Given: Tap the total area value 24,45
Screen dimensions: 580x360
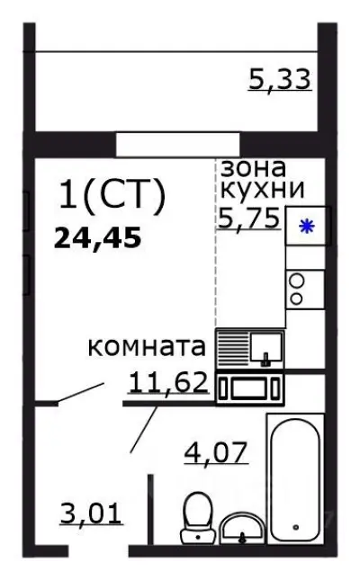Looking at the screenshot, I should click(x=99, y=238).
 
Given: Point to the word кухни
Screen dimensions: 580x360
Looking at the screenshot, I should click(x=262, y=190).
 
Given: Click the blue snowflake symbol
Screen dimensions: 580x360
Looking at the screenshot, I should click(x=307, y=227).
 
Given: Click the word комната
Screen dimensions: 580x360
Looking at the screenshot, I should click(x=148, y=347).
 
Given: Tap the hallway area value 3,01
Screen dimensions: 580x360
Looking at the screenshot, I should click(x=94, y=516).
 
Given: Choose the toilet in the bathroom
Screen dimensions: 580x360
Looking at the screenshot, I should click(x=195, y=518).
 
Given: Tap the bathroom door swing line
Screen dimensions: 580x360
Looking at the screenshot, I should click(x=143, y=430).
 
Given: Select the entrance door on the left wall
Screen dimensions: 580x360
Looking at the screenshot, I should click(x=78, y=394).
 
